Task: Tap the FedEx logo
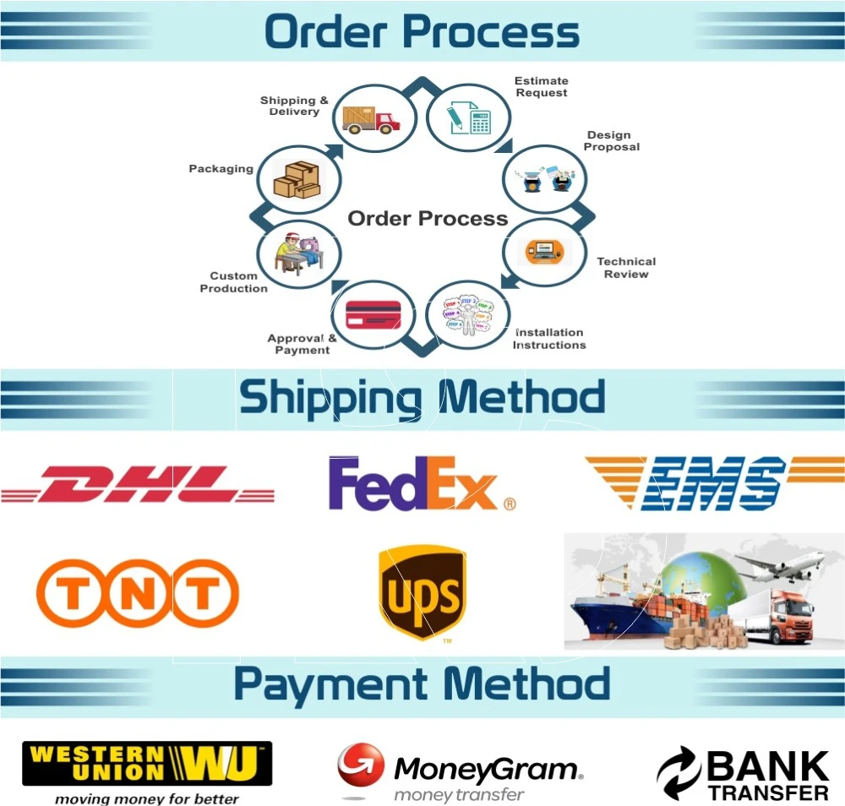421,485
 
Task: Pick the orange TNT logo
138,593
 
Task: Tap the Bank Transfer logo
744,774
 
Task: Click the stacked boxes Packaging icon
298,179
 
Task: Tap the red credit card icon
373,313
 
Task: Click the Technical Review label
626,268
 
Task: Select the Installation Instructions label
549,339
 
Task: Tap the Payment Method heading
422,683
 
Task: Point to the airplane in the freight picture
781,564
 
